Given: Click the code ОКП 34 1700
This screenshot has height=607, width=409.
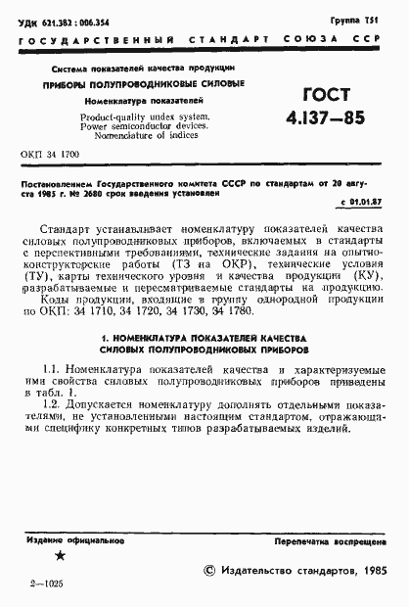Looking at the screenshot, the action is pyautogui.click(x=50, y=156).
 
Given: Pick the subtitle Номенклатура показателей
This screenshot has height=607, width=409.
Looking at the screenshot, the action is pyautogui.click(x=143, y=101).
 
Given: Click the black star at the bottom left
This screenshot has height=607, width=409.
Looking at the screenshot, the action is pyautogui.click(x=61, y=557).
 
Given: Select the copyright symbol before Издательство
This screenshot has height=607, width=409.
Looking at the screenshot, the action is pyautogui.click(x=207, y=570).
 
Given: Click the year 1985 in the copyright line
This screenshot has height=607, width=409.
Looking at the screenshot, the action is pyautogui.click(x=368, y=570).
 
